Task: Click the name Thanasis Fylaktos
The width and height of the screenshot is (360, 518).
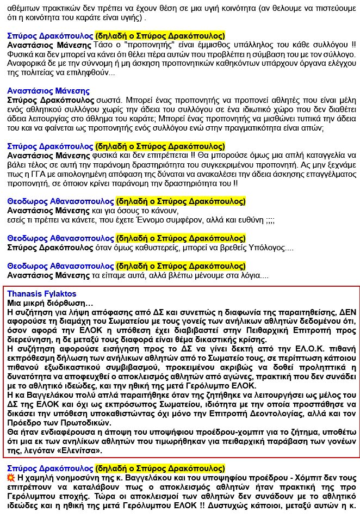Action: click(42, 294)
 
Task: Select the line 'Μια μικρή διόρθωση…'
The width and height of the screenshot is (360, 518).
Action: click(50, 303)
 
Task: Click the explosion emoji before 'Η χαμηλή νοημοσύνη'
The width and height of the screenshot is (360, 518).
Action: click(11, 477)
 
